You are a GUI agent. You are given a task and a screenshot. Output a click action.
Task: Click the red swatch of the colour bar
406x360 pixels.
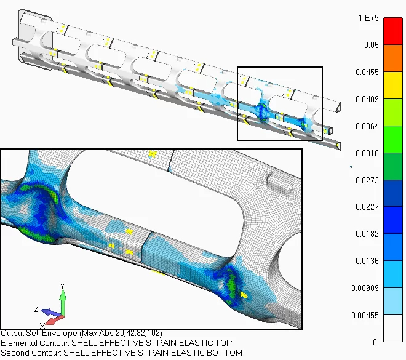pos(392,31)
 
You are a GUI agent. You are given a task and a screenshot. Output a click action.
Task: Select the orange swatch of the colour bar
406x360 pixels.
pos(392,58)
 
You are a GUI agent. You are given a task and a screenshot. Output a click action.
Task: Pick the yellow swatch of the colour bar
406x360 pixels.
pos(392,86)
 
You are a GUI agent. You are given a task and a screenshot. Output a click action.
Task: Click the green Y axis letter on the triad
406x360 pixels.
pos(62,286)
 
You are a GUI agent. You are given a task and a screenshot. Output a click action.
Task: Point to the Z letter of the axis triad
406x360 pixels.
pos(37,308)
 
